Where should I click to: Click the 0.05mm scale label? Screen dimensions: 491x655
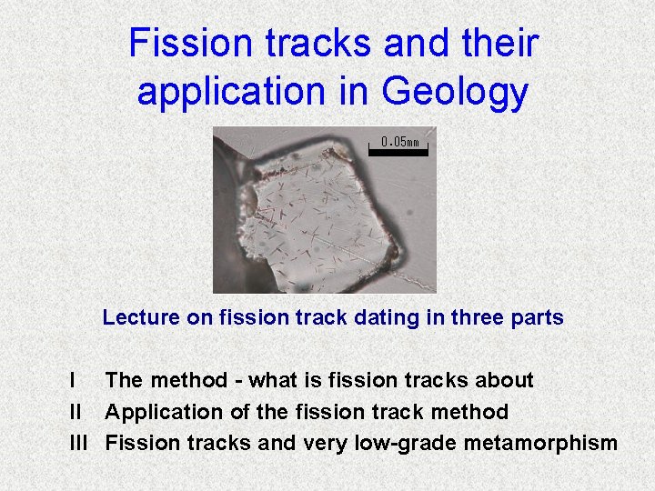click(x=400, y=142)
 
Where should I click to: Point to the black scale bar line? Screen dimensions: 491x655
click(x=398, y=150)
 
